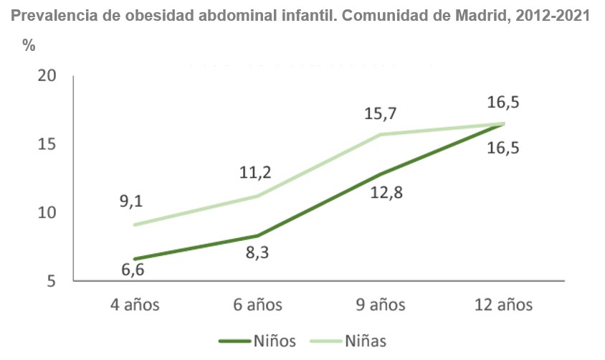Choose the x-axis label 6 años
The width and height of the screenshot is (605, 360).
click(257, 305)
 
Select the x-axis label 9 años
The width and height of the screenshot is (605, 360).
click(381, 305)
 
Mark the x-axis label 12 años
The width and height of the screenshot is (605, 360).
click(504, 305)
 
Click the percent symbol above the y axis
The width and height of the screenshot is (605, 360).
click(29, 45)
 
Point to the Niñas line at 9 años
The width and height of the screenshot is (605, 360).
click(381, 135)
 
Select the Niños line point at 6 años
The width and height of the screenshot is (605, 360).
click(257, 235)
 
